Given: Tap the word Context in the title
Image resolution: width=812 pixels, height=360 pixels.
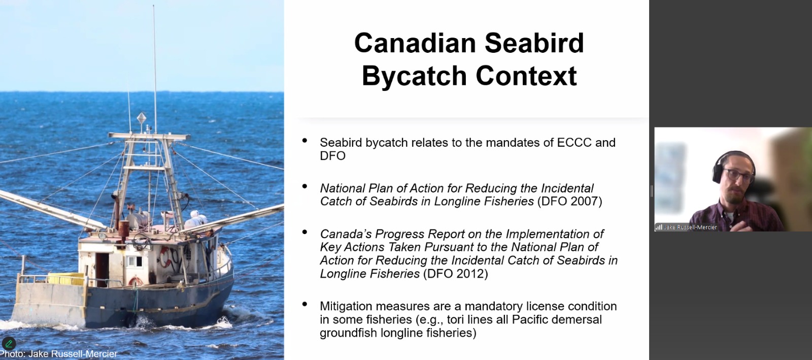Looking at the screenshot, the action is tap(526, 76).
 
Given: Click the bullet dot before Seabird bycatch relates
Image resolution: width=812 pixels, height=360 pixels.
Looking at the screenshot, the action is tap(304, 141).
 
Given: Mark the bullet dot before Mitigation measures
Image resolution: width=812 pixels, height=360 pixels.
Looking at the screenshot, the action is tap(304, 304).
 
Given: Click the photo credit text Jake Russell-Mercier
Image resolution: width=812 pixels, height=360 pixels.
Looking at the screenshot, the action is tap(73, 354).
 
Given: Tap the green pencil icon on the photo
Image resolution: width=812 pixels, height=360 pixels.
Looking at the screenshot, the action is tap(9, 343).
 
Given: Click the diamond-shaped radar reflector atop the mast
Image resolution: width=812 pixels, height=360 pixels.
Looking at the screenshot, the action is tap(142, 118).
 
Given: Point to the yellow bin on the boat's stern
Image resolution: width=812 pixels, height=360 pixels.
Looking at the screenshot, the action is tap(66, 279).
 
